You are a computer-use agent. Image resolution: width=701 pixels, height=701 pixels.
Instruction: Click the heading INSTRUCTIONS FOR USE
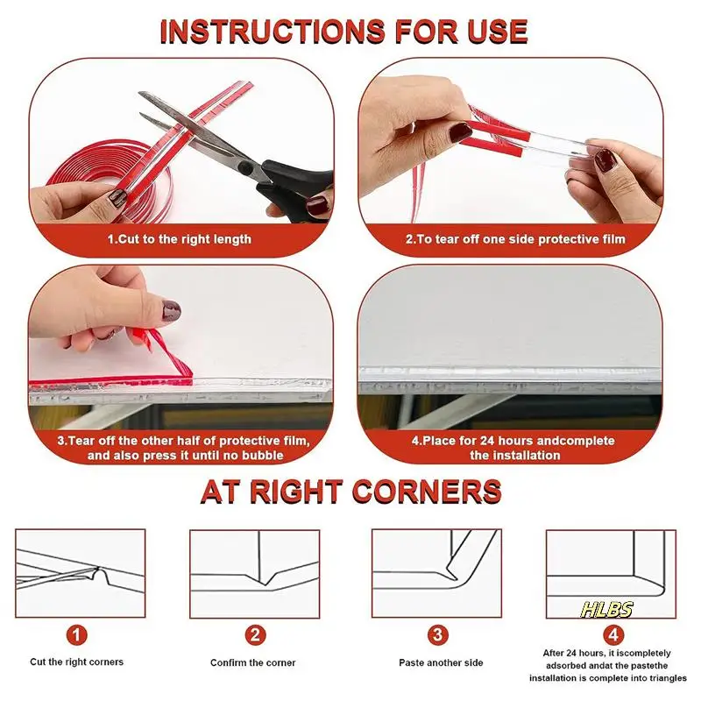[344, 32]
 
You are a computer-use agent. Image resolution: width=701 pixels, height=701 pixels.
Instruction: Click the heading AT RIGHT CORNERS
[350, 492]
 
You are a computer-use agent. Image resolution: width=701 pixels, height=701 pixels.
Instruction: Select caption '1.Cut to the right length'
[180, 238]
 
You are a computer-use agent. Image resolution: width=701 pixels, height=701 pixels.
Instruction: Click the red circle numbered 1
[79, 633]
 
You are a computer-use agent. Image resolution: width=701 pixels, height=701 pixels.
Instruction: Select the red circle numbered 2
[254, 633]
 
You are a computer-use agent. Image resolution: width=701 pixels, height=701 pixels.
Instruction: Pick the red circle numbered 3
[435, 633]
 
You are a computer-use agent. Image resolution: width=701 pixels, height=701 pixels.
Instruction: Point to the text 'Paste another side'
[435, 662]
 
